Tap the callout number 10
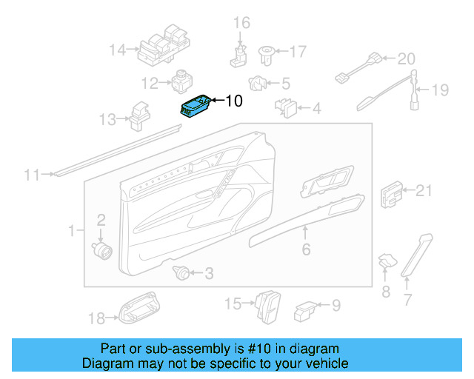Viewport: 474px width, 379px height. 233,101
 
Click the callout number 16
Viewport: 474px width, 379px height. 242,23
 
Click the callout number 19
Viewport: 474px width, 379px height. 440,90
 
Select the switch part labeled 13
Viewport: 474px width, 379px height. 140,113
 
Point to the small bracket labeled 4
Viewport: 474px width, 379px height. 287,109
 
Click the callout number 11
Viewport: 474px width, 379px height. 30,175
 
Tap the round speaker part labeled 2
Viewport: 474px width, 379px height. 101,247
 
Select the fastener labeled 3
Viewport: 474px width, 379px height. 180,273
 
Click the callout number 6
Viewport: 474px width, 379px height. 306,250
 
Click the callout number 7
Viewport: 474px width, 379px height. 407,300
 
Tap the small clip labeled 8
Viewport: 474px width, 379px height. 386,261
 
